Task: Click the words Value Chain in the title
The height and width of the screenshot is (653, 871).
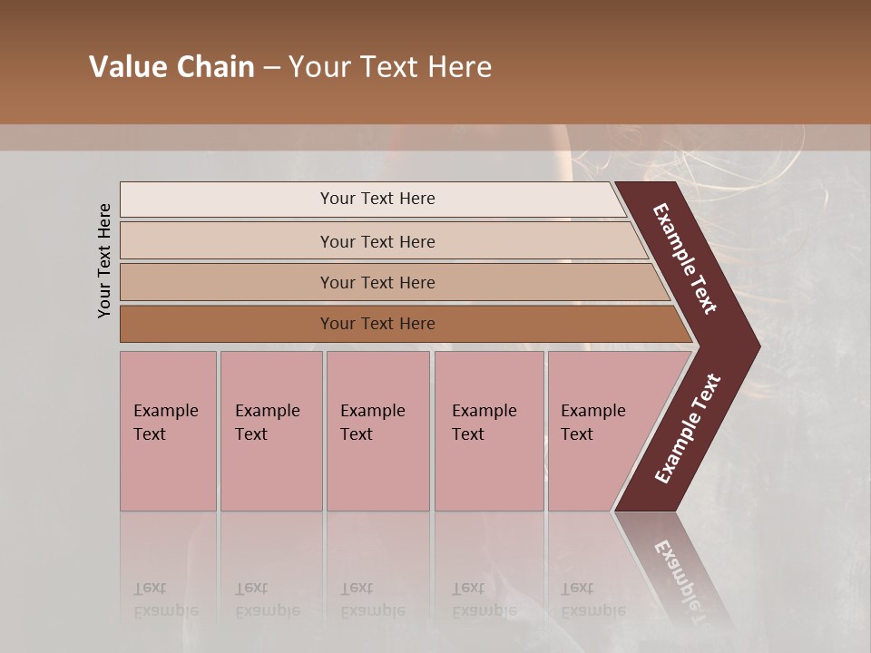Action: coord(171,67)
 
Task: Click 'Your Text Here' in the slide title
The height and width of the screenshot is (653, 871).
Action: coord(390,67)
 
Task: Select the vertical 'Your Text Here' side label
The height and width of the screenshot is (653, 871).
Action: coord(104,260)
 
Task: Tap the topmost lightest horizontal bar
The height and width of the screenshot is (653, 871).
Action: coord(377,199)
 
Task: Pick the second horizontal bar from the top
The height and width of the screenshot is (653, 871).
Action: coord(377,241)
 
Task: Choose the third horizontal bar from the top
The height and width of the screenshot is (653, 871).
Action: coord(377,282)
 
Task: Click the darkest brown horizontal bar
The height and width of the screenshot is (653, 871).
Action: coord(377,324)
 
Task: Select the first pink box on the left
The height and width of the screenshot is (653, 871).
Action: coord(168,431)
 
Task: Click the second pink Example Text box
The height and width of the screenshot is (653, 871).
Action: coord(270,431)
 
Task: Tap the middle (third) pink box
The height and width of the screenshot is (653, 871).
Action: coord(377,431)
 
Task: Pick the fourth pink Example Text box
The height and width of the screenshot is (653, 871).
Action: coord(489,431)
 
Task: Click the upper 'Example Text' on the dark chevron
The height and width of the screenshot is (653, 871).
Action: coord(685,258)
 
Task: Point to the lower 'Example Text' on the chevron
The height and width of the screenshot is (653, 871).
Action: coord(688,428)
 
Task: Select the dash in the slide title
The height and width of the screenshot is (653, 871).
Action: coord(271,68)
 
